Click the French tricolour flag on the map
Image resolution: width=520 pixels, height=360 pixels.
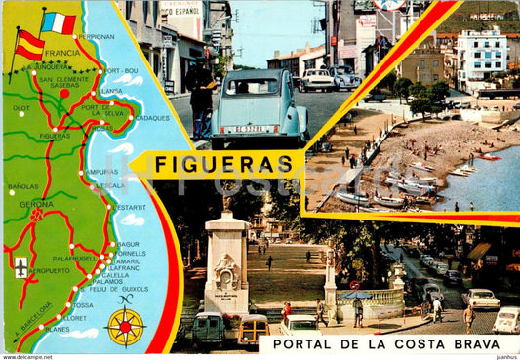58,21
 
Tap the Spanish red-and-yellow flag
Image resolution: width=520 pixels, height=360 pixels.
29,44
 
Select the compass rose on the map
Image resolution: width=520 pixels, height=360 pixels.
125,327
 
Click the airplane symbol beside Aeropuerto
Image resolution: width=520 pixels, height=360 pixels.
20,266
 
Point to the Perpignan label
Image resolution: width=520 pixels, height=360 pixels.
96,36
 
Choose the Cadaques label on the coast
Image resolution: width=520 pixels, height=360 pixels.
151,117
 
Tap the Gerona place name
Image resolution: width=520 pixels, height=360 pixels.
36,204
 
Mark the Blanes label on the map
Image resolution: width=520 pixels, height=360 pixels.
58,329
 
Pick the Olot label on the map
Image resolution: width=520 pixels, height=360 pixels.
20,108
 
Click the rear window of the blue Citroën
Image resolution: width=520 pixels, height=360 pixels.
253,87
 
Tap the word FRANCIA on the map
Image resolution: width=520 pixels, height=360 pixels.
61,53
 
